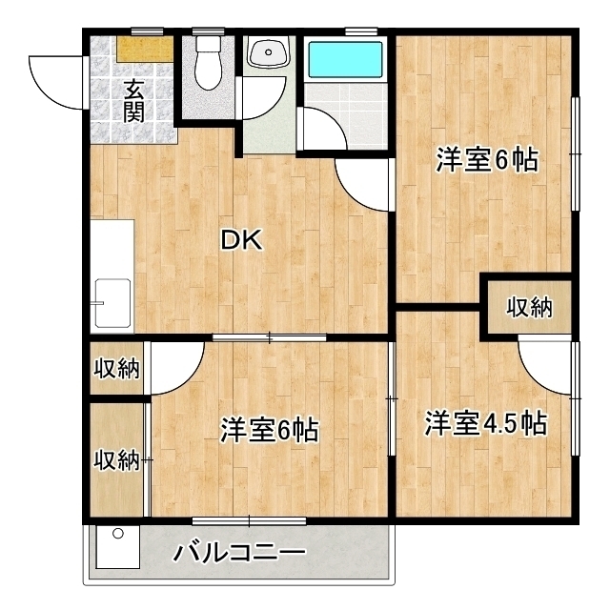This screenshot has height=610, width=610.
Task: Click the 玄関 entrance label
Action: [133, 100]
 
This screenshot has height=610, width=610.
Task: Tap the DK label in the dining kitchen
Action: [241, 239]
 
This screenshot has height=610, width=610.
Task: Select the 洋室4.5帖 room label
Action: [486, 423]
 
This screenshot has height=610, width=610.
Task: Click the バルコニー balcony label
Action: [239, 553]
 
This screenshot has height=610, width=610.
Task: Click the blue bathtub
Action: [345, 59]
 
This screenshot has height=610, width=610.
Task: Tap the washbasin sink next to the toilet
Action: [269, 51]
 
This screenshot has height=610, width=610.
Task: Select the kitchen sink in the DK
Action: [112, 303]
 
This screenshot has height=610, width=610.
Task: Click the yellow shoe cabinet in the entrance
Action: [145, 49]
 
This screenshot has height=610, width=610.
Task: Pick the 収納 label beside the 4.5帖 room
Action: [529, 307]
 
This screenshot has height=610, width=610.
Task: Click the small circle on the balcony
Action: [118, 534]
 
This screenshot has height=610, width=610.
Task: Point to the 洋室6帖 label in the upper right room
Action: [487, 159]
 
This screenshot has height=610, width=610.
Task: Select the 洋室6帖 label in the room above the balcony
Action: [270, 430]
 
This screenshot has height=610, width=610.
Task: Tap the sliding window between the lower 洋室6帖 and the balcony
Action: [249, 521]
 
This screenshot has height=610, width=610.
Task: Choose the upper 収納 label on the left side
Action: [116, 368]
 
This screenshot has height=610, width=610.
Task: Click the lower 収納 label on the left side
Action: [116, 460]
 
